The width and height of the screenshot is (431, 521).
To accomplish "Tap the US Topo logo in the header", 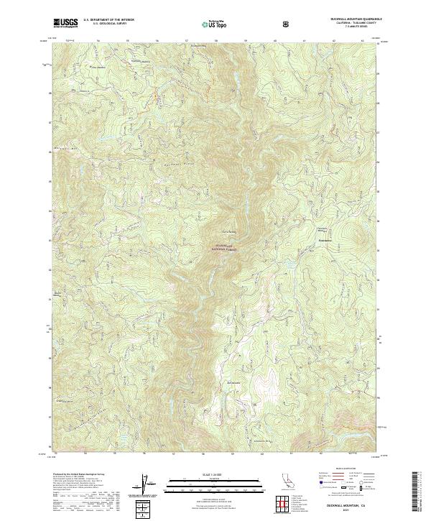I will point(215,24).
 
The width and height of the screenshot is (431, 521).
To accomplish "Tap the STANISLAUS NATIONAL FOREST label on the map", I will point(224,247).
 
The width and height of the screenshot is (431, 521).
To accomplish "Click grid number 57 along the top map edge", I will point(186,40).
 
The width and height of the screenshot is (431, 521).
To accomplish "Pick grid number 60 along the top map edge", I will point(274,40).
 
